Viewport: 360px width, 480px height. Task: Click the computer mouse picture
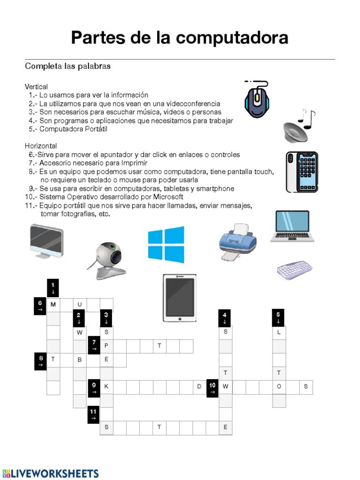(x=256, y=100)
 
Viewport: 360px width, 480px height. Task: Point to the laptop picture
(x=291, y=226)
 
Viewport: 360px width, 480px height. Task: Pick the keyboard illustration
(x=294, y=270)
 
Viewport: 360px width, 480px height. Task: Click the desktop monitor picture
(x=46, y=241)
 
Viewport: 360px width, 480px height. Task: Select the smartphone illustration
(x=302, y=172)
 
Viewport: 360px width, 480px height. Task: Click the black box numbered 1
(x=53, y=287)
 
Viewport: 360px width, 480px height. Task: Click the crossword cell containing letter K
(x=106, y=387)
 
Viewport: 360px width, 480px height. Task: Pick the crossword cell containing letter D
(x=199, y=387)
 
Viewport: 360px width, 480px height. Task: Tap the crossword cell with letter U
(x=80, y=305)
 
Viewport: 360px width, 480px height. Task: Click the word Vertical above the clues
(x=37, y=87)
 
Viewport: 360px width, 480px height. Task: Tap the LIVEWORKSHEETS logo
(x=51, y=473)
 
